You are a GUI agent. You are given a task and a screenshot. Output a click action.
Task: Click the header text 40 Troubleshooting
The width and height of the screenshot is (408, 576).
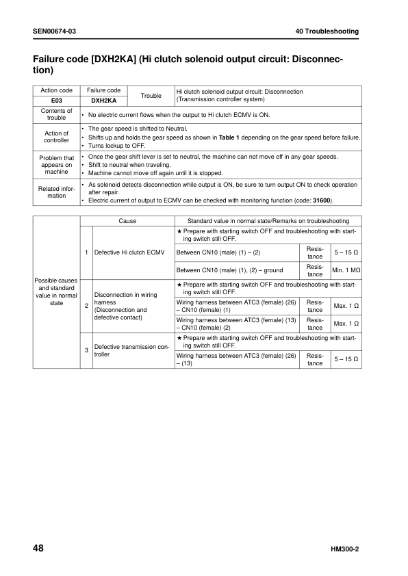(x=327, y=32)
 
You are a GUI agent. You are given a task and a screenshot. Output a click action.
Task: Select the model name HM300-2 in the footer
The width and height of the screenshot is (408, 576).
(x=345, y=551)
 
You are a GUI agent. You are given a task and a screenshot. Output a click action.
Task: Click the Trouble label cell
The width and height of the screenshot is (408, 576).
(x=151, y=96)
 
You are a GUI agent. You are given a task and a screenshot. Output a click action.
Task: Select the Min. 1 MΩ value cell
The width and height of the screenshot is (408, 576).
(x=346, y=271)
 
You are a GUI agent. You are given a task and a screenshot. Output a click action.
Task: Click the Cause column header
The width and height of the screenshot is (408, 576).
(x=127, y=221)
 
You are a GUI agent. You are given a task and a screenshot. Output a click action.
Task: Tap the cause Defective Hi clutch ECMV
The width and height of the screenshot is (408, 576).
(x=127, y=252)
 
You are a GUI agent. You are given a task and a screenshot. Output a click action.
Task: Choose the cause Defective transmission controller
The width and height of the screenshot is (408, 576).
(x=131, y=351)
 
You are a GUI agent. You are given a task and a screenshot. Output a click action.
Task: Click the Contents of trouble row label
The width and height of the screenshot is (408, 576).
(x=56, y=114)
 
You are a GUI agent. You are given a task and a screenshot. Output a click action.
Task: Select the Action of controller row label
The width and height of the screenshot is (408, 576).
(x=56, y=137)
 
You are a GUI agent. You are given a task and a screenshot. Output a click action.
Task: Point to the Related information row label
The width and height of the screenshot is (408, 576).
(x=56, y=192)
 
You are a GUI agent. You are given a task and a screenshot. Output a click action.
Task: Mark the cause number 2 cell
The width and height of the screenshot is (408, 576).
(x=86, y=305)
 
